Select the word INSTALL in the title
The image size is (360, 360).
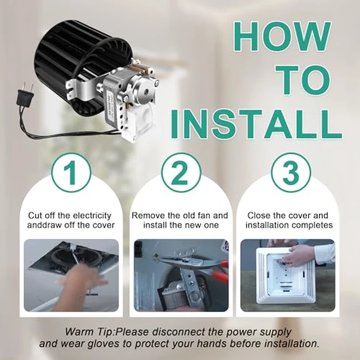coord(256,122)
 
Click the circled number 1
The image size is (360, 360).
coord(71,173)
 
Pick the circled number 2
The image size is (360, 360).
coord(180,173)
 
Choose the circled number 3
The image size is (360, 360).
coord(291,173)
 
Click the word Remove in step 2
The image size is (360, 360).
coord(147,215)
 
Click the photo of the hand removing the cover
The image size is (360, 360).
coord(71,275)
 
